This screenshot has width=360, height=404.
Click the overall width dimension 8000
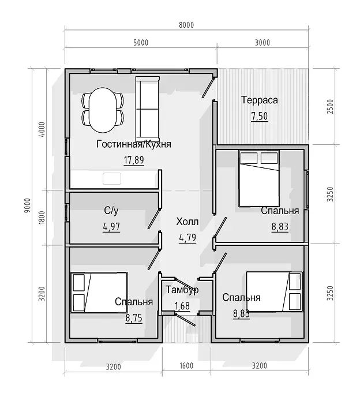pyautogui.click(x=186, y=25)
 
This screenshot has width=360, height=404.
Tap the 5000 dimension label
pyautogui.click(x=141, y=43)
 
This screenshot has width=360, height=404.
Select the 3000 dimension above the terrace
pyautogui.click(x=262, y=43)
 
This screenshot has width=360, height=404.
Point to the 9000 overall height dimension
pyautogui.click(x=28, y=205)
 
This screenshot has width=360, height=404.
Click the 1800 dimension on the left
pyautogui.click(x=42, y=218)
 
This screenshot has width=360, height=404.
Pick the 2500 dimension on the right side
pyautogui.click(x=330, y=107)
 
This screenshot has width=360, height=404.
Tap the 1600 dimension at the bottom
pyautogui.click(x=186, y=366)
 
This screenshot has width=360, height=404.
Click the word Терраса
pyautogui.click(x=259, y=100)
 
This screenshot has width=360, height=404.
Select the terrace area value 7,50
pyautogui.click(x=260, y=116)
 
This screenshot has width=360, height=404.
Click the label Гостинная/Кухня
pyautogui.click(x=134, y=144)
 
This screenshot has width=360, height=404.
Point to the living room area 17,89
pyautogui.click(x=134, y=160)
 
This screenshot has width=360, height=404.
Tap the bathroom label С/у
pyautogui.click(x=111, y=211)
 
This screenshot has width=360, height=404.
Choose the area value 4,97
pyautogui.click(x=111, y=227)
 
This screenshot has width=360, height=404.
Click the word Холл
pyautogui.click(x=187, y=222)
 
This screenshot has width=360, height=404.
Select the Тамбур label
pyautogui.click(x=182, y=290)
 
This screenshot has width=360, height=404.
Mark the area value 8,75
pyautogui.click(x=134, y=318)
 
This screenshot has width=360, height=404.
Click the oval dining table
pyautogui.click(x=103, y=110)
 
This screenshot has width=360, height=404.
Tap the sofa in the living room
pyautogui.click(x=147, y=109)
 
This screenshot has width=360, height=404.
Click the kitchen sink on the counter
pyautogui.click(x=112, y=178)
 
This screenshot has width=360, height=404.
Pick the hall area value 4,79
pyautogui.click(x=187, y=238)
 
